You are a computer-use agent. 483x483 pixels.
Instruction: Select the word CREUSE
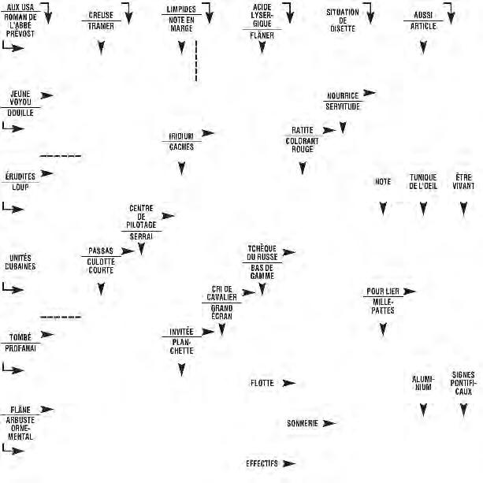(101, 15)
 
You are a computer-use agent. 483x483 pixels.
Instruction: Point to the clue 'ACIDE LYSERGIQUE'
(262, 16)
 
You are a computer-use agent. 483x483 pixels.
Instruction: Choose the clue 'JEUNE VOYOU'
(20, 98)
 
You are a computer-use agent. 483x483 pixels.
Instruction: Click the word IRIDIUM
(181, 136)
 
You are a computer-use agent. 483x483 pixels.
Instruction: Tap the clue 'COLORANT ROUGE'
(302, 143)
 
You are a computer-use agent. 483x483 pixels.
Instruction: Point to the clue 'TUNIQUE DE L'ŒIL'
(423, 181)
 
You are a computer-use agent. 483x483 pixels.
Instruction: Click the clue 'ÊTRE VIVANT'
(464, 181)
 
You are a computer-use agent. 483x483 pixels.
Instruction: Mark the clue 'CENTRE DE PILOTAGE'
(141, 217)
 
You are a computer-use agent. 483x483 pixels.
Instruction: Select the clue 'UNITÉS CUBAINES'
(20, 262)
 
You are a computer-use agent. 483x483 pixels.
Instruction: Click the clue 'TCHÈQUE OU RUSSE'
(262, 252)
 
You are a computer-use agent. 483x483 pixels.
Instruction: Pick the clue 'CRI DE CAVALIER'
(221, 292)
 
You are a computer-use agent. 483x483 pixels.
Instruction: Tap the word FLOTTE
(262, 383)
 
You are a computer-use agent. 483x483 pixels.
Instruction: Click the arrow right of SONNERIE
(329, 423)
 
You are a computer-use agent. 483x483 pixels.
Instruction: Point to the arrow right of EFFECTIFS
(288, 463)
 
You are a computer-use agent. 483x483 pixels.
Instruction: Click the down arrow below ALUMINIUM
(423, 411)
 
